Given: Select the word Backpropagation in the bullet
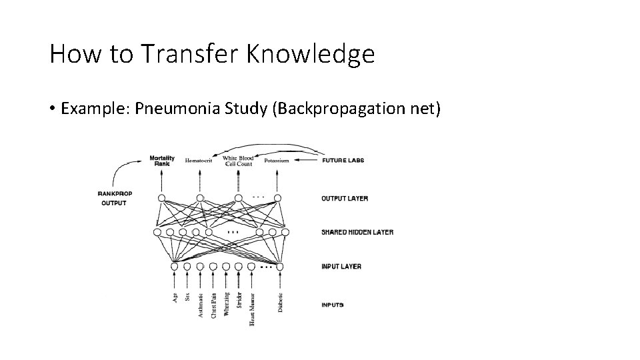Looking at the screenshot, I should pyautogui.click(x=338, y=108).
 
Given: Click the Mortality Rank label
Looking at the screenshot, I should pyautogui.click(x=162, y=161).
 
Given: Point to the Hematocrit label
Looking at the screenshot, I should pyautogui.click(x=199, y=161).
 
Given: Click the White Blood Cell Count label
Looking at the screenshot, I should pyautogui.click(x=238, y=161).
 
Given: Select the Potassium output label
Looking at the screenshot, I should pyautogui.click(x=276, y=161).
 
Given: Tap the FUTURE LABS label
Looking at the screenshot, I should pyautogui.click(x=343, y=160).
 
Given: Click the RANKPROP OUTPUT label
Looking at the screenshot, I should pyautogui.click(x=115, y=198).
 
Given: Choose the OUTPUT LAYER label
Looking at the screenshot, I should pyautogui.click(x=344, y=198).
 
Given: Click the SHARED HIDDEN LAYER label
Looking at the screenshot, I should pyautogui.click(x=357, y=232).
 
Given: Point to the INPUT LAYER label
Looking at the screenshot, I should pyautogui.click(x=341, y=266).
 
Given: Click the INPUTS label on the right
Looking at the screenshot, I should pyautogui.click(x=332, y=305).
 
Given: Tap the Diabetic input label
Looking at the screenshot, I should pyautogui.click(x=281, y=303).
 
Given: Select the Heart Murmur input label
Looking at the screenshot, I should pyautogui.click(x=252, y=309).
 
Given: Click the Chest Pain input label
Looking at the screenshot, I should pyautogui.click(x=213, y=305).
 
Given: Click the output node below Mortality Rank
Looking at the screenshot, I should pyautogui.click(x=161, y=197).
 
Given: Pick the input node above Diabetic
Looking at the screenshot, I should pyautogui.click(x=280, y=267).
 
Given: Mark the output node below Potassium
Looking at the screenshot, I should pyautogui.click(x=277, y=197).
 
